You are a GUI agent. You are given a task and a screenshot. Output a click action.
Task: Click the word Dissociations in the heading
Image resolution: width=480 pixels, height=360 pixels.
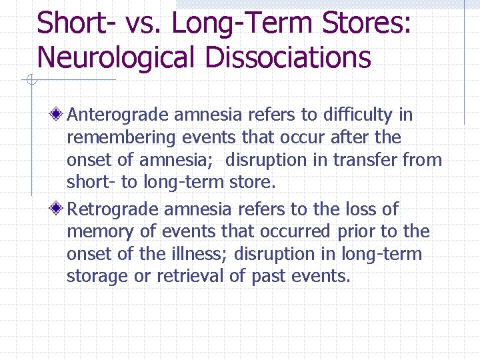(288, 57)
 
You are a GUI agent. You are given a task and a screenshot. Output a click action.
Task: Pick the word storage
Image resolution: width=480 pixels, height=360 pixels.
(98, 277)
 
